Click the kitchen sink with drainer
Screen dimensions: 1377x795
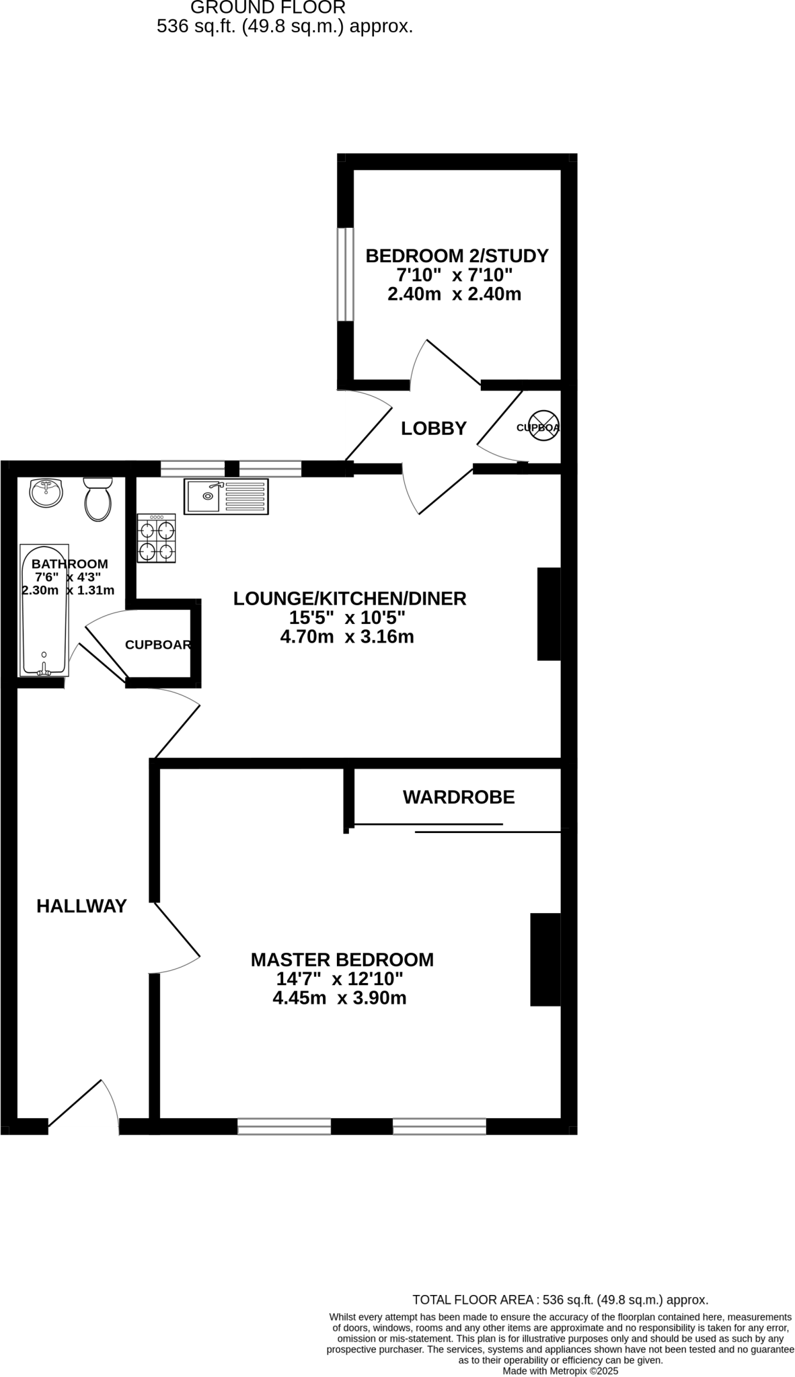[x=226, y=497]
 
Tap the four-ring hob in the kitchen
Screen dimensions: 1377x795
[x=157, y=539]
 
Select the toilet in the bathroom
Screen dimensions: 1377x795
[x=98, y=500]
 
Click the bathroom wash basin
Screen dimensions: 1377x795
[x=46, y=493]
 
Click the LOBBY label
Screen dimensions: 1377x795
[x=434, y=428]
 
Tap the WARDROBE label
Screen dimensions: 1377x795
[x=459, y=797]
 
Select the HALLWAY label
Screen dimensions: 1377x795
[x=81, y=906]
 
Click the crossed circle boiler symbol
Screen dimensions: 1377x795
[x=543, y=426]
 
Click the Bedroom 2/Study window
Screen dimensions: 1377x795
[x=345, y=274]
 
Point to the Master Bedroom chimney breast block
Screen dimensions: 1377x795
[x=545, y=959]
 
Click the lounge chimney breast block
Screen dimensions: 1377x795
[x=549, y=614]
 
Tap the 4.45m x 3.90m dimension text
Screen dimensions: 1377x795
[x=339, y=998]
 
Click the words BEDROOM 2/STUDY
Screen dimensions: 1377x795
[x=457, y=256]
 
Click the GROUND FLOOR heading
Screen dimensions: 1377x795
[x=268, y=8]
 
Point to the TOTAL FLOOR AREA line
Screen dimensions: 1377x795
[x=560, y=1300]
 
